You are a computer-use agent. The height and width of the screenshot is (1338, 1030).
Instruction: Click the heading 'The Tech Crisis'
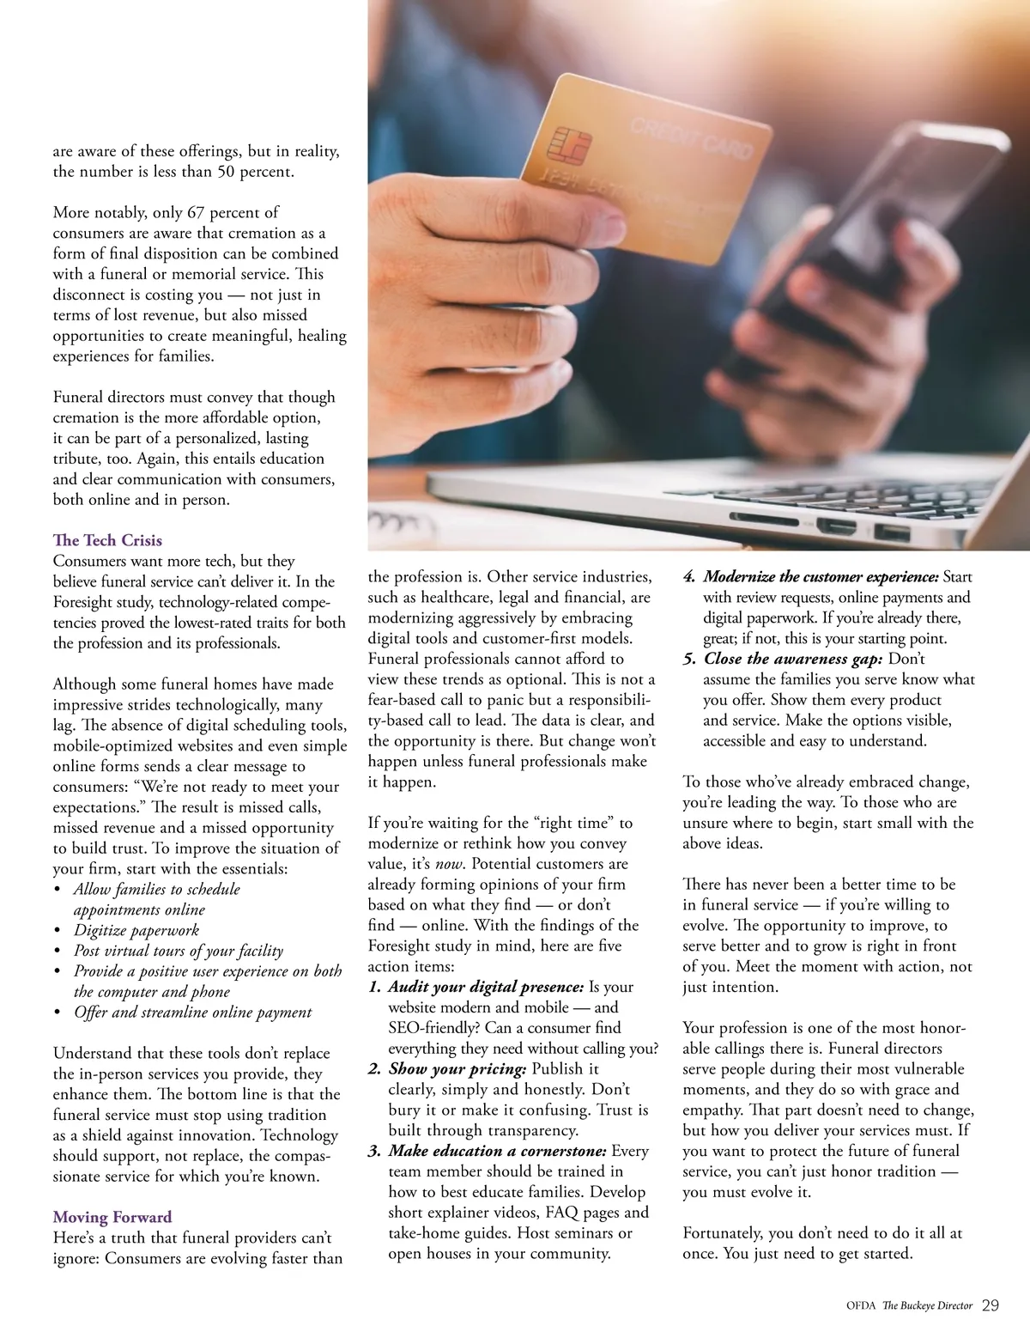point(107,540)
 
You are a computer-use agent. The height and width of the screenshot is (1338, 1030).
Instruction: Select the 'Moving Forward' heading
point(112,1217)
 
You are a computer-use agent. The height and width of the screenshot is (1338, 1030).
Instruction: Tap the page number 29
point(990,1305)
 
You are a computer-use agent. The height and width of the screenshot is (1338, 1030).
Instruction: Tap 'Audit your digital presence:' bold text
point(486,987)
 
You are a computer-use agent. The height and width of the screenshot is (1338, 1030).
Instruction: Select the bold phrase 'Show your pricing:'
point(457,1069)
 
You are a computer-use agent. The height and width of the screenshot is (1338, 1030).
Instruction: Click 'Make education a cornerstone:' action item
point(498,1151)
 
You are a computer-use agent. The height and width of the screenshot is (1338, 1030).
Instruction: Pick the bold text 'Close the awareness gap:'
point(793,659)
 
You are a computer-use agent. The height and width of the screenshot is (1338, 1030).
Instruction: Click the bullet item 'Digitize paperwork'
point(136,930)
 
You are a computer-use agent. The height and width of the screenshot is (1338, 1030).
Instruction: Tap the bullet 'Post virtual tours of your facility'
point(178,951)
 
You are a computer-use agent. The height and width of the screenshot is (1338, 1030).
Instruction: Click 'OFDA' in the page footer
point(861,1306)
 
